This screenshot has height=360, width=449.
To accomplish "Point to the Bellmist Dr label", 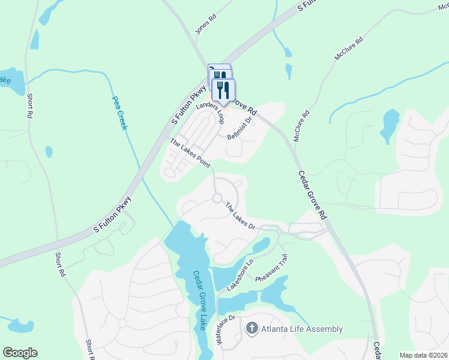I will coord(242,128).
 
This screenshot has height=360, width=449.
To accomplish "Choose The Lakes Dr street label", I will coord(241,217).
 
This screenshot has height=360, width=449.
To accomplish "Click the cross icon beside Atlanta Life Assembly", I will coord(252,328).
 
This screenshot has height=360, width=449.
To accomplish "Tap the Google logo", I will coord(20,353).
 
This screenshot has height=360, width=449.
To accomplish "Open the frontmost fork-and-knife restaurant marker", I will coord(223,90).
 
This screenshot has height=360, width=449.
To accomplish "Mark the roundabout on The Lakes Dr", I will coord(217,198).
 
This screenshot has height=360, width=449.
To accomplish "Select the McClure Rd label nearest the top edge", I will coord(349,49).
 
